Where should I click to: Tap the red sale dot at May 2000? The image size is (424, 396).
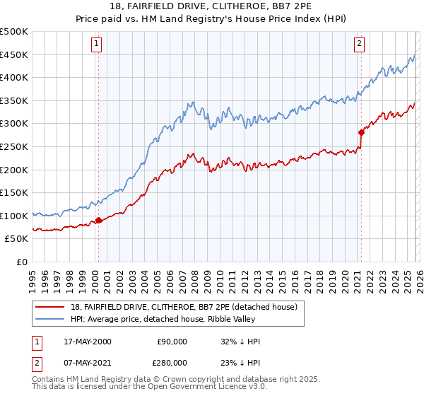(98, 220)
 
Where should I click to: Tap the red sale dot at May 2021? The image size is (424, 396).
(361, 132)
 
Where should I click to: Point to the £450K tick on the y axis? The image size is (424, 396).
(15, 54)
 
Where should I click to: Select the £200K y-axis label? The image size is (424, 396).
(15, 170)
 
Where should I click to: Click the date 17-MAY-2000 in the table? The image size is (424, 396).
(87, 342)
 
